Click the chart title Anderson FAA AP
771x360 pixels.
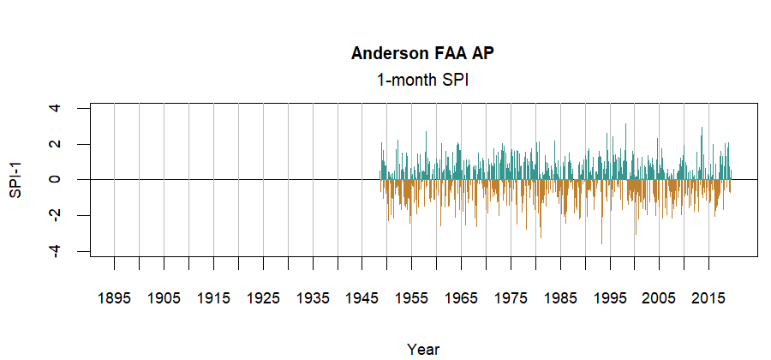coord(422,53)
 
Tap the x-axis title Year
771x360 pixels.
coord(423,349)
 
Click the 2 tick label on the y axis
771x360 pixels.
coord(56,144)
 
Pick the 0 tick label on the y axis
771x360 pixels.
coord(56,179)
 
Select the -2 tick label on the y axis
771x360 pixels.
coord(56,215)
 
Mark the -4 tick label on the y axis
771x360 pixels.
coord(56,250)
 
